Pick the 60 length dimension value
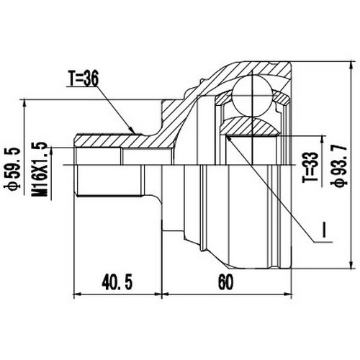tap(228, 282)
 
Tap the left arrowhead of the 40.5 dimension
tap(78, 294)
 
